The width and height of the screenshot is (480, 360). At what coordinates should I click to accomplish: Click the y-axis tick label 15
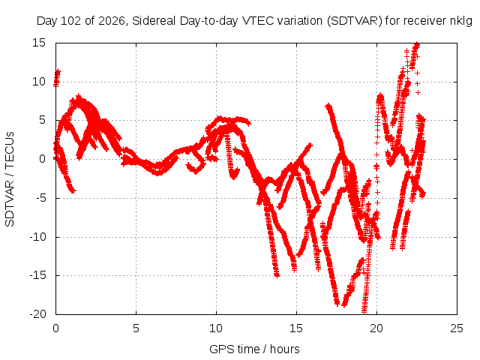39,43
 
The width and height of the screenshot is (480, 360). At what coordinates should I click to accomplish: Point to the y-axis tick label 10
39,82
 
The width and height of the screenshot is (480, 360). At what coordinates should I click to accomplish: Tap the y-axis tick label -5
40,198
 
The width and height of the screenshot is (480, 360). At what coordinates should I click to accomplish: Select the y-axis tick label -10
37,237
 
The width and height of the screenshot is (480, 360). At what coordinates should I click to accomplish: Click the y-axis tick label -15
37,275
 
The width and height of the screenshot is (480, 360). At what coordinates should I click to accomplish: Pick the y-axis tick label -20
37,314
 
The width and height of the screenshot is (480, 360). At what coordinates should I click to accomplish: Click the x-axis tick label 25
457,328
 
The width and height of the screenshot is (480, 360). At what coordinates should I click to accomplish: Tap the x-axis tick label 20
376,328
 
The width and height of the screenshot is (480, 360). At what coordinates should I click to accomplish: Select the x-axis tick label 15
296,328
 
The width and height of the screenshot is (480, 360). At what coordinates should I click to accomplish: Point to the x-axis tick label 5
136,328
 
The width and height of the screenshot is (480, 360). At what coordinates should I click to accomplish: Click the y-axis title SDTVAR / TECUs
10,179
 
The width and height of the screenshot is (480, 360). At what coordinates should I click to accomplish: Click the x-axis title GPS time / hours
254,349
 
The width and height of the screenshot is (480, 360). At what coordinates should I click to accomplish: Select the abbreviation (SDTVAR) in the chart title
355,21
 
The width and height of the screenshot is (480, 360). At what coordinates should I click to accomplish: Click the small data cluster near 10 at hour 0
57,78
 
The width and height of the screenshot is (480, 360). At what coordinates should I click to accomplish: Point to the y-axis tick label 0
43,159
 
